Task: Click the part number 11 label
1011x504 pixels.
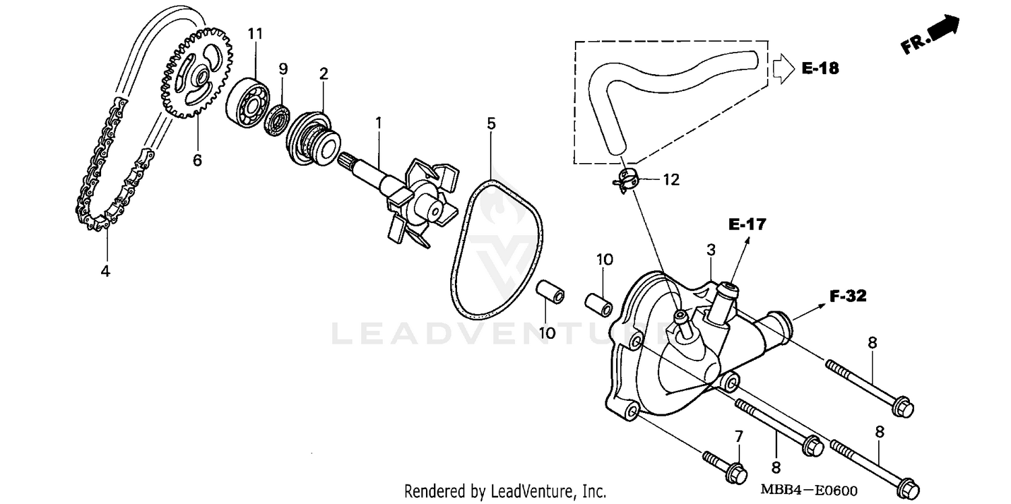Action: (x=255, y=34)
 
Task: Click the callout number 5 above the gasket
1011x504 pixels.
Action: (x=491, y=123)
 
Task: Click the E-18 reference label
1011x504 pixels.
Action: (x=820, y=68)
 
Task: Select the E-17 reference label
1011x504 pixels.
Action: (x=747, y=224)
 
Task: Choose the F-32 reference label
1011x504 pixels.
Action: (x=847, y=296)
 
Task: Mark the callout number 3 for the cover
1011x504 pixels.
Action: (x=710, y=250)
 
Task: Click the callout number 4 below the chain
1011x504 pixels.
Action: (x=105, y=271)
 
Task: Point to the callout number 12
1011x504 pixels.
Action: (x=671, y=180)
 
